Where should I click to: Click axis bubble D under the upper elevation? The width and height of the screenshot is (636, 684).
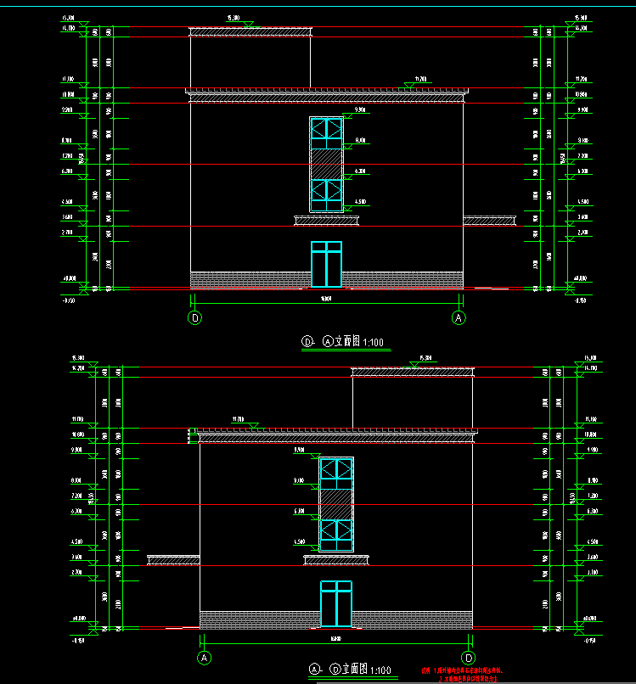click(194, 318)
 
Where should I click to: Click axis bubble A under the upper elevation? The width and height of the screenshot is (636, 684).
click(459, 318)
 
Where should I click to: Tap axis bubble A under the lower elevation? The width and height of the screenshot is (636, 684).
click(204, 658)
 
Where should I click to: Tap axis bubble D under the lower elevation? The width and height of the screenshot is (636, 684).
click(468, 658)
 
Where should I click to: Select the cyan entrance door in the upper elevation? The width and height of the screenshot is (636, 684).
click(326, 264)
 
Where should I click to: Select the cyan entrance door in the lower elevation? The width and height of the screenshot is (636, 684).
click(336, 605)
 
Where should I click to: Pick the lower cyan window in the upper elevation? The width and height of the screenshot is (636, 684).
click(326, 194)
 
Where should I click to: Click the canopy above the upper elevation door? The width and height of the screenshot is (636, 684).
click(326, 221)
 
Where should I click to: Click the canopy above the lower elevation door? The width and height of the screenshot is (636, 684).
click(336, 560)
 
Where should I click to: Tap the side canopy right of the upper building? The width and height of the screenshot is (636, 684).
click(489, 221)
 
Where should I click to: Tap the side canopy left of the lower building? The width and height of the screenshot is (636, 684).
click(173, 560)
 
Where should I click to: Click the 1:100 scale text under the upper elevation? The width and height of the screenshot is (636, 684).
click(374, 343)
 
